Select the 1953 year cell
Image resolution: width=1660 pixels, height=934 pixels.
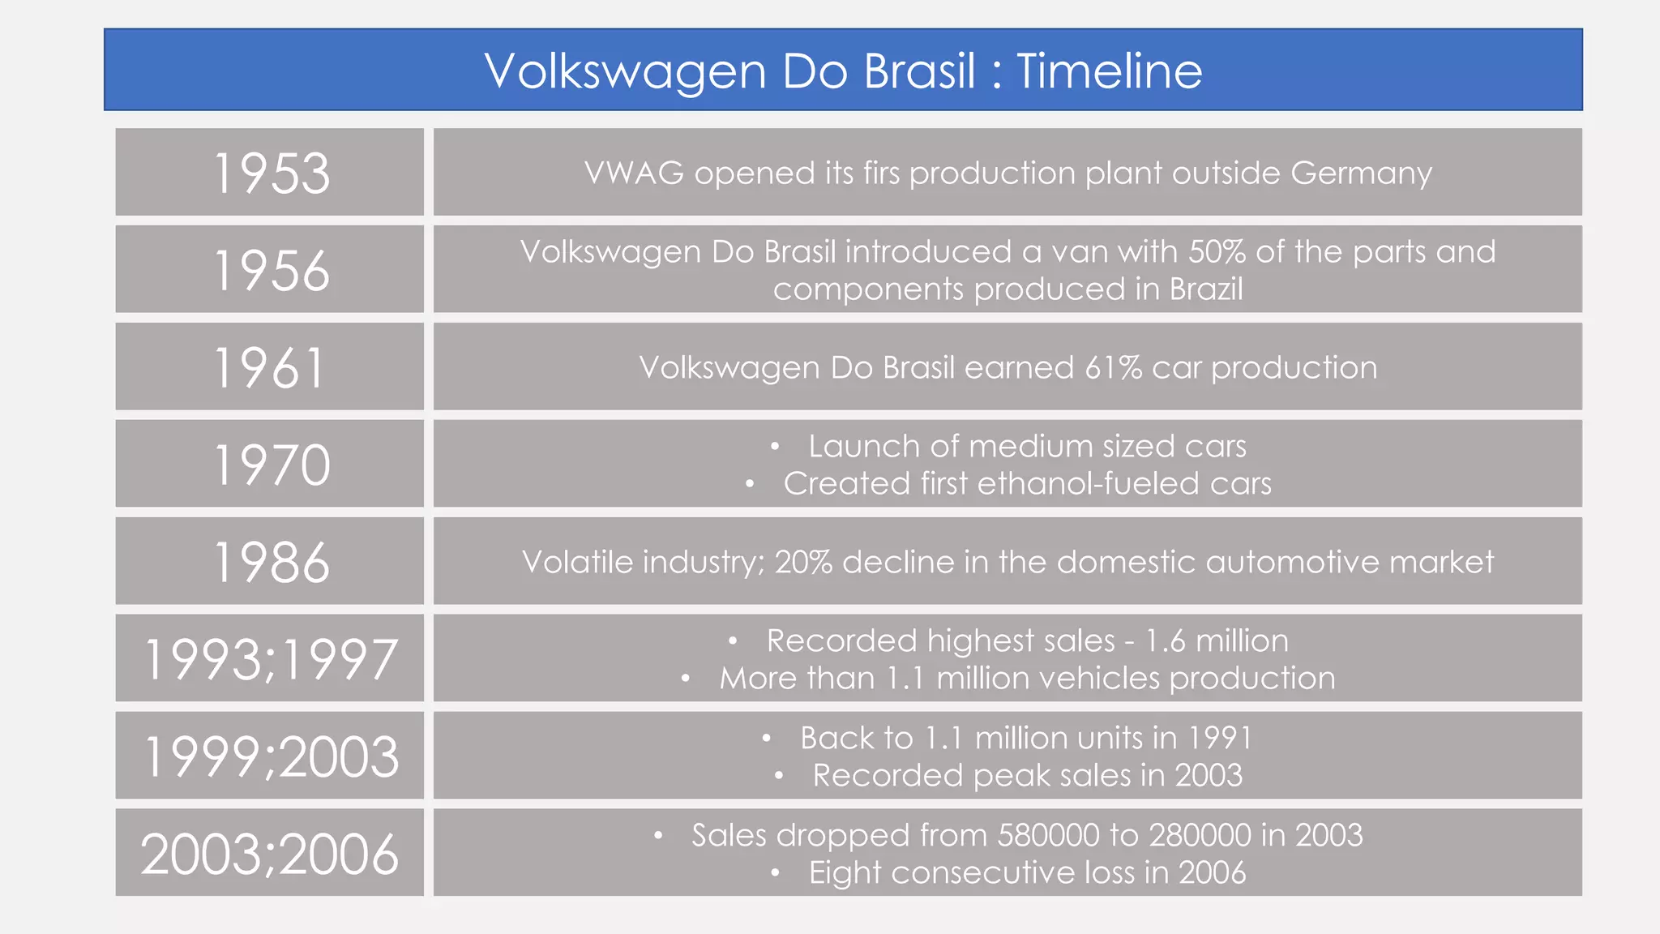tap(271, 174)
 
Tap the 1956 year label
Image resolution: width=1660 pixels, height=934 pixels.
tap(271, 271)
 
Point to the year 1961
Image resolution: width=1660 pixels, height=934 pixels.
tap(269, 368)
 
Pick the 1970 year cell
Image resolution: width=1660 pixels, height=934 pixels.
tap(271, 465)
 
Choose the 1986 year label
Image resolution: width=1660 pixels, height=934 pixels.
tap(271, 563)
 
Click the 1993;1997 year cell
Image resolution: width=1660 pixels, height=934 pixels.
tap(271, 659)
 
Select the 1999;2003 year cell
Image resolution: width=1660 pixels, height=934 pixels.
tap(271, 756)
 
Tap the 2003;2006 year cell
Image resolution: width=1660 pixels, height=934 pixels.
tap(271, 854)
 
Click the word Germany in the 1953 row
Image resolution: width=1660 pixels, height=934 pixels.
tap(1361, 174)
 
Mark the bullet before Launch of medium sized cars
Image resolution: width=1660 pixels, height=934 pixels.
tap(775, 447)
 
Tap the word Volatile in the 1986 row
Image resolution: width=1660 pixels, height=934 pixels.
tap(576, 562)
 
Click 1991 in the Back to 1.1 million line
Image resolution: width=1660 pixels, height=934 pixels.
tap(1220, 738)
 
